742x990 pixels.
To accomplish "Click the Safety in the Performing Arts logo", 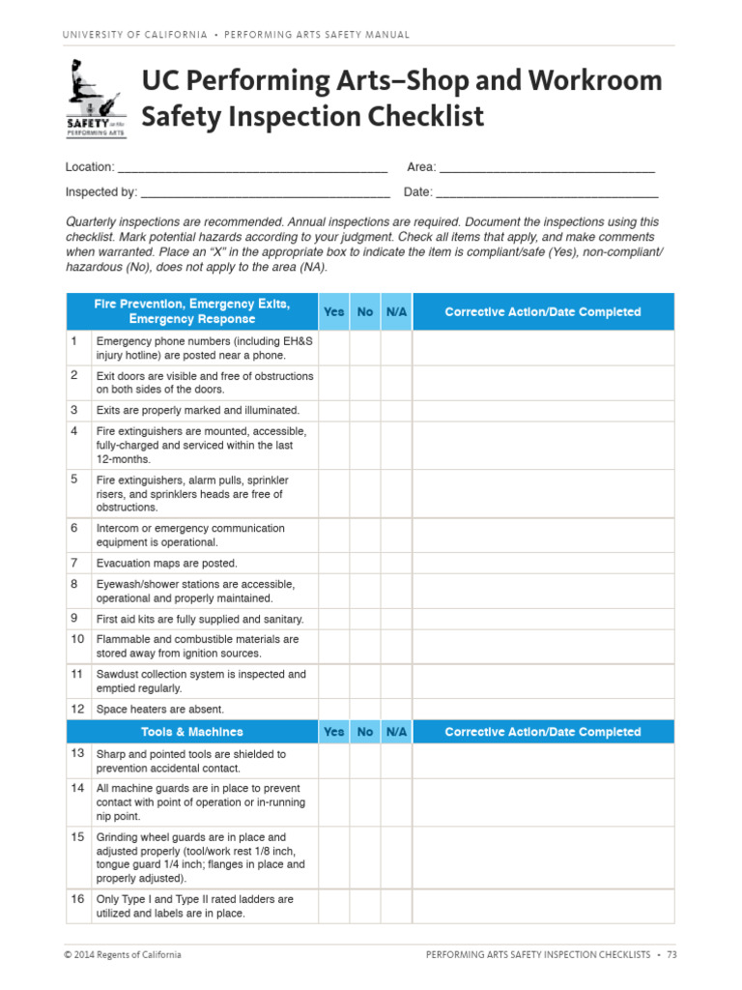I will click(x=95, y=98).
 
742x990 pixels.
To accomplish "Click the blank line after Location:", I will click(x=252, y=168).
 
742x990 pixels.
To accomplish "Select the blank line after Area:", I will click(x=547, y=168).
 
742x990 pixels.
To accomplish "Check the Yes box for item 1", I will click(x=333, y=348).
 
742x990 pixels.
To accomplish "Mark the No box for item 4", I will click(x=365, y=445).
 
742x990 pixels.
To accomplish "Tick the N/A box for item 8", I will click(x=396, y=591).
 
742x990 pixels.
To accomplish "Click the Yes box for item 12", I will click(x=333, y=709).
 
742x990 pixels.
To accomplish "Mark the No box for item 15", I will click(x=365, y=858).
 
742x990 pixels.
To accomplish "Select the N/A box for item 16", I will click(x=396, y=906).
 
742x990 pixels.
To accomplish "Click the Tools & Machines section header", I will click(x=191, y=732).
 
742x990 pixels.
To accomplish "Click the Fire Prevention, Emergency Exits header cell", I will click(x=191, y=311).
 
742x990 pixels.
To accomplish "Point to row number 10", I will click(x=77, y=639).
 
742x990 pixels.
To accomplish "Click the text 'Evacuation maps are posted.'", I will click(x=166, y=564).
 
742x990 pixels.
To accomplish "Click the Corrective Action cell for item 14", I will click(x=543, y=802).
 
